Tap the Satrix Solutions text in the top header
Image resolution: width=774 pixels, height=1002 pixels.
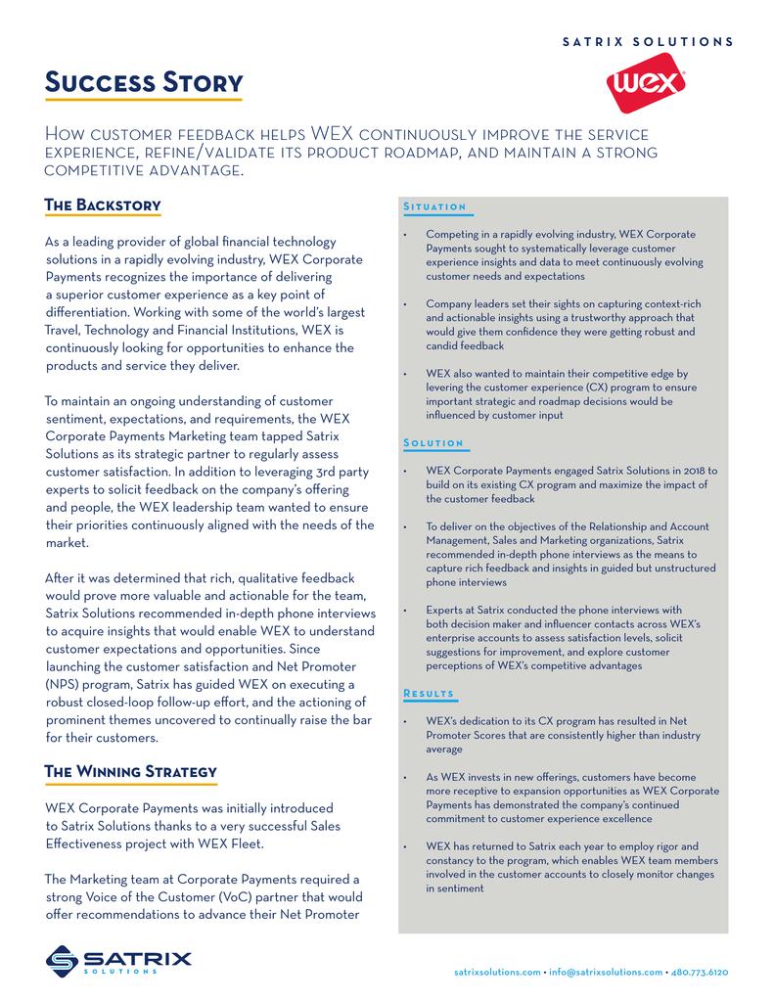coord(647,42)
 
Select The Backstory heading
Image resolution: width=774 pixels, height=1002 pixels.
coord(103,205)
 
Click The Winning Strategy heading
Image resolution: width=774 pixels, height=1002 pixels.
coord(131,772)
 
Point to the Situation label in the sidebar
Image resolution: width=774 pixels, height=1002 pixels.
coord(434,207)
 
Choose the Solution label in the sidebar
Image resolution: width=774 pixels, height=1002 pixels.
coord(433,444)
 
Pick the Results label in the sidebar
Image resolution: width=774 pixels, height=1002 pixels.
coord(429,694)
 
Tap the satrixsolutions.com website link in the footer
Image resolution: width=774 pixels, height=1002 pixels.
coord(498,973)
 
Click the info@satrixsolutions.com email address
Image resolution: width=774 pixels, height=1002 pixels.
coord(605,973)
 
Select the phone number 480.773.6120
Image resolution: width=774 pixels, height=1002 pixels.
coord(700,973)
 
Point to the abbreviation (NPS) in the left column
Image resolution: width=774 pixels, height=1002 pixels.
coord(66,683)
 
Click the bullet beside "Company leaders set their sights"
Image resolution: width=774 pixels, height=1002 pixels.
coord(404,305)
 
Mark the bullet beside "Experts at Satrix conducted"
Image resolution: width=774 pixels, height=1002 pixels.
coord(404,611)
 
